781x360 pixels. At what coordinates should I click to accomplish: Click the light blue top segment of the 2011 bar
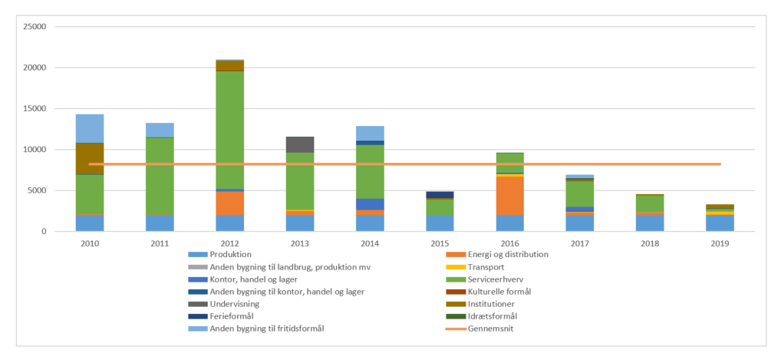pos(160,130)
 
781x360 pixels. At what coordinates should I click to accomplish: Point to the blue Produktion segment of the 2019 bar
pos(720,223)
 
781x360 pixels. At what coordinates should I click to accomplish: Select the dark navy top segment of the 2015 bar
pos(440,194)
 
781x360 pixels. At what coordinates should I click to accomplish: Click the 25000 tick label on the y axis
pos(35,27)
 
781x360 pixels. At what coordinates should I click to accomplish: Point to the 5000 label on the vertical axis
pos(38,190)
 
